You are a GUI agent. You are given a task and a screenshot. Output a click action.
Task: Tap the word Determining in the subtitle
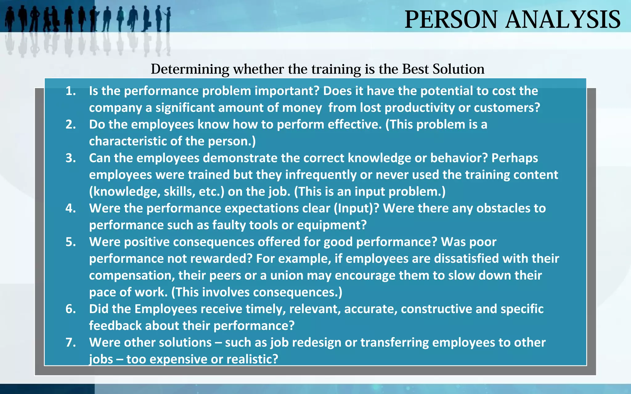(190, 69)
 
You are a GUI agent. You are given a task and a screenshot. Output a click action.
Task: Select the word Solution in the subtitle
(458, 69)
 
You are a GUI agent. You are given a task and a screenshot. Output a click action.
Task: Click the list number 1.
(71, 91)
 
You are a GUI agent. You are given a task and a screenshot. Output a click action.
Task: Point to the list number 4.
(71, 208)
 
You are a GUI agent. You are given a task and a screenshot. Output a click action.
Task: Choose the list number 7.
(71, 343)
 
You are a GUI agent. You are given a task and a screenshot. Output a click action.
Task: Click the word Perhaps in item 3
(515, 158)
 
